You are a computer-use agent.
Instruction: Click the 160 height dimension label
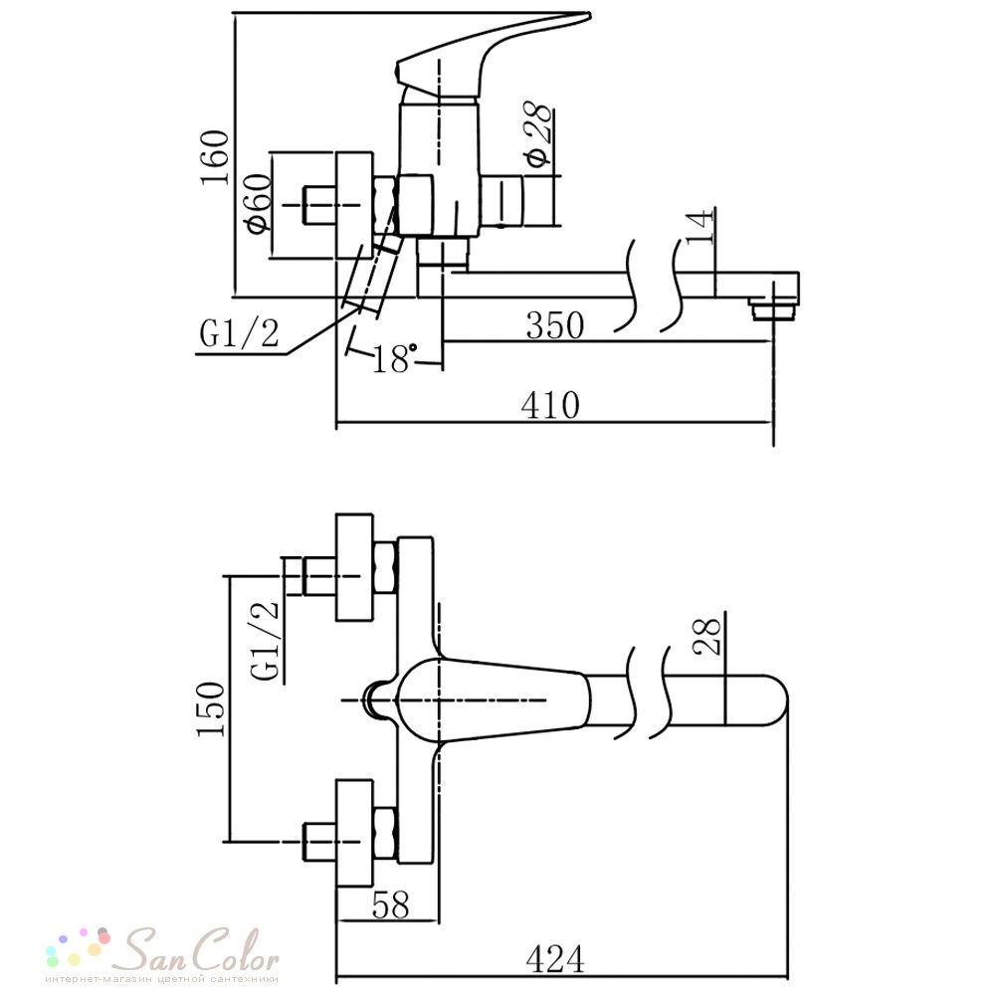(215, 157)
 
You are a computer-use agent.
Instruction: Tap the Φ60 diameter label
(259, 203)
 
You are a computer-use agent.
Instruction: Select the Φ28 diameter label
(539, 134)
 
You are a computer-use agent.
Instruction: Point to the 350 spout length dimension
(554, 325)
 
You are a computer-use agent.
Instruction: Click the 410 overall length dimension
(551, 406)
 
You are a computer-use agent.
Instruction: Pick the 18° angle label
(395, 359)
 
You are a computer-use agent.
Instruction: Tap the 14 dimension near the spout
(700, 227)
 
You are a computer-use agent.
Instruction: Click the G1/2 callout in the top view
(239, 333)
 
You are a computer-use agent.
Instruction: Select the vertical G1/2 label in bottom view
(266, 641)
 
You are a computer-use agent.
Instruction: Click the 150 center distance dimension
(211, 708)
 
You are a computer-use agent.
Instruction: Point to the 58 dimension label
(390, 904)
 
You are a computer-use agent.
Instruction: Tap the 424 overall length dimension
(554, 959)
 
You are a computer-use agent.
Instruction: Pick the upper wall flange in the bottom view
(354, 568)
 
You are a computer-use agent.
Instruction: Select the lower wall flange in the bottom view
(354, 833)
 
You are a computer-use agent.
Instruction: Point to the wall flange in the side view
(354, 205)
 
